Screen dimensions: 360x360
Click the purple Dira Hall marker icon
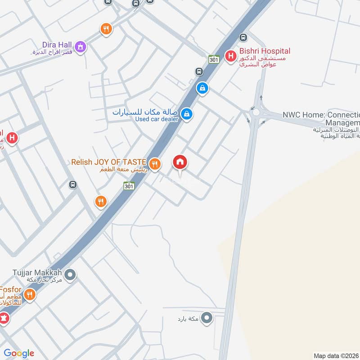(81, 45)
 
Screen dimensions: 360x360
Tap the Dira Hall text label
(58, 45)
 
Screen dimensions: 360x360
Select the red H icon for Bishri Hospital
(231, 56)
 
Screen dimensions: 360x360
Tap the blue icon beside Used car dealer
(187, 114)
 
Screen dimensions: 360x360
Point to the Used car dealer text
(157, 119)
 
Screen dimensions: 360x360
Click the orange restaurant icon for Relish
(155, 164)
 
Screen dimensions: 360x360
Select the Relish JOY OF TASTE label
(108, 162)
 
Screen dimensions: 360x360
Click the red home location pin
(180, 162)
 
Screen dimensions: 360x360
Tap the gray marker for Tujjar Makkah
(70, 274)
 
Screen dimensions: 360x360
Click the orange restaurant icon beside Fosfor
(29, 295)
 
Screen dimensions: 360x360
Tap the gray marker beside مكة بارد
(207, 318)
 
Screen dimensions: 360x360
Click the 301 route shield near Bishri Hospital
(214, 59)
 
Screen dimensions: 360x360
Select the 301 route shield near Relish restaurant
(129, 185)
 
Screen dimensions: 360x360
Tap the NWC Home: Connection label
(321, 115)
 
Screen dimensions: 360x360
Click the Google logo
(19, 353)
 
